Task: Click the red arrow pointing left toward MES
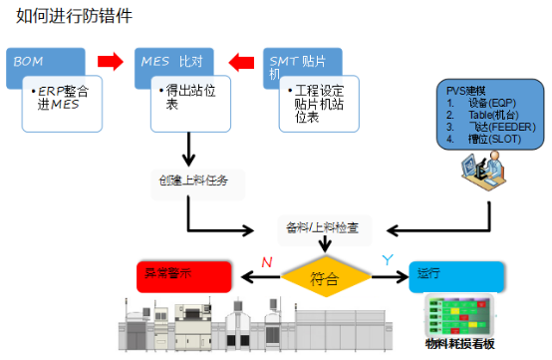pos(239,63)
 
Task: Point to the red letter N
pos(265,262)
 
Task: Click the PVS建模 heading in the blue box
pos(467,90)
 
